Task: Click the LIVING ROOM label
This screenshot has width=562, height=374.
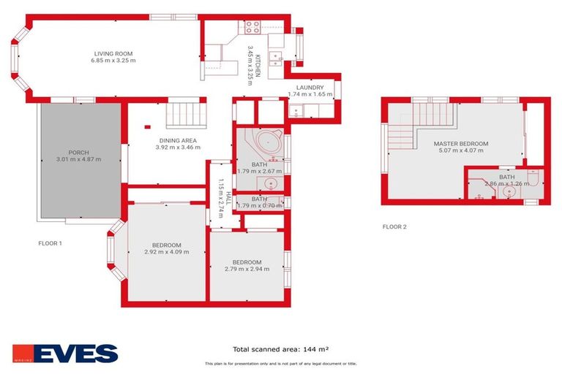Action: point(113,53)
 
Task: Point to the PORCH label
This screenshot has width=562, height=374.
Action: point(78,153)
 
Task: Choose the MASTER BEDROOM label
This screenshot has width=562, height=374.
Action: point(460,144)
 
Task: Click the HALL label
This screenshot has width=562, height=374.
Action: point(228,200)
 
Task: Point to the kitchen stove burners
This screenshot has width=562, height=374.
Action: point(252,28)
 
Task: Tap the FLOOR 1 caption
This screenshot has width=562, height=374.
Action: point(50,243)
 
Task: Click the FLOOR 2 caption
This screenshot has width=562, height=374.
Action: point(394,226)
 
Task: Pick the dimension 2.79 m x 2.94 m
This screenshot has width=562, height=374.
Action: point(247,269)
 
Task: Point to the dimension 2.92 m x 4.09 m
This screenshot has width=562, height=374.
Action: point(167,252)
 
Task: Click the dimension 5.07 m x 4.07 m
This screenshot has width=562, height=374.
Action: point(460,151)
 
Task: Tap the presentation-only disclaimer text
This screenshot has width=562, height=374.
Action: point(281,363)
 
